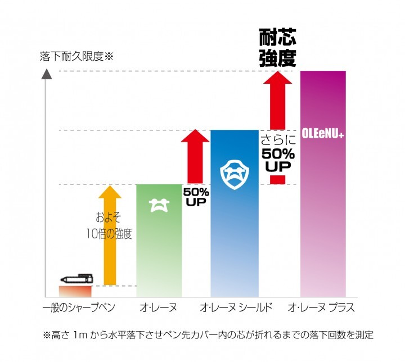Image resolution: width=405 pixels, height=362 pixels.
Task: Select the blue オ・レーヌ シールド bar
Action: [x=233, y=236]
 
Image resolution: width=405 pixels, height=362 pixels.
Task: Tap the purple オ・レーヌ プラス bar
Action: [x=323, y=214]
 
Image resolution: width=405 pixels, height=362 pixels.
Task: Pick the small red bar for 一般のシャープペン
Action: [x=75, y=291]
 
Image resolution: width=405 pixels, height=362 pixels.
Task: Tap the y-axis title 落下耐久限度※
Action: [x=76, y=56]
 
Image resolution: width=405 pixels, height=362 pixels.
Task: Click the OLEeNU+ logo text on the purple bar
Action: [x=323, y=135]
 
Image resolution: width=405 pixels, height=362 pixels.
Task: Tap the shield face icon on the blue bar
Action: [x=233, y=175]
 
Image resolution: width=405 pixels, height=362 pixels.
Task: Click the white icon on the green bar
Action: [x=159, y=206]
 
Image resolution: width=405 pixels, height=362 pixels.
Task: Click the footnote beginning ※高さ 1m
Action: [x=208, y=335]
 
